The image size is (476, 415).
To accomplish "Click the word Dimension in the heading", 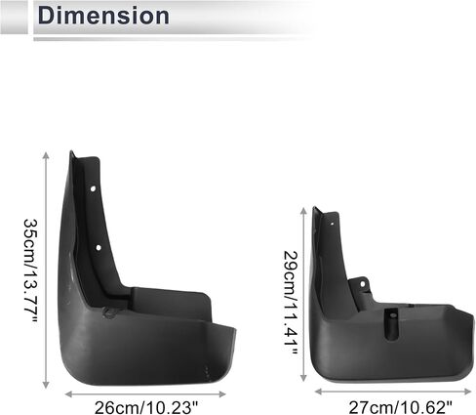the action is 103,16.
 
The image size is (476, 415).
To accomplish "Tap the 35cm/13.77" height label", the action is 31,271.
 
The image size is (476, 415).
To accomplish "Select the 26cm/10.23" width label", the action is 146,407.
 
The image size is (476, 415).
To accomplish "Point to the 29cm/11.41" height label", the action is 291,303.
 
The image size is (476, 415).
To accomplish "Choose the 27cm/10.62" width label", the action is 400,407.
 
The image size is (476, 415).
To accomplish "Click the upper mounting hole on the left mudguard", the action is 93,188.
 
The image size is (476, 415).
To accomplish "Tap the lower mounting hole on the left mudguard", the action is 99,248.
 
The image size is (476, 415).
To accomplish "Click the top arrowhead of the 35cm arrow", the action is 46,155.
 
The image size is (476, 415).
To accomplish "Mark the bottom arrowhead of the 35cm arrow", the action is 46,385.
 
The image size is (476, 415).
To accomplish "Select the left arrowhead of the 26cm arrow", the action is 68,394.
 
